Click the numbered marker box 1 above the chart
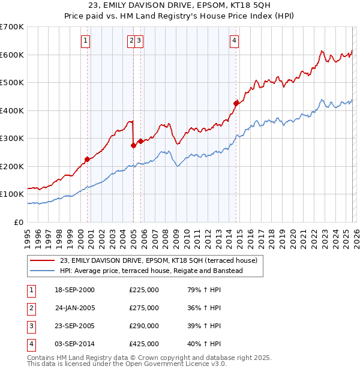point(86,41)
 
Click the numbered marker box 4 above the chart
point(234,41)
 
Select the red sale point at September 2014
point(236,103)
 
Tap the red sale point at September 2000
point(87,159)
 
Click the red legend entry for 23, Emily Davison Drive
point(158,260)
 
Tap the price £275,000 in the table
point(144,308)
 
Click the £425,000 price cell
point(144,344)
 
